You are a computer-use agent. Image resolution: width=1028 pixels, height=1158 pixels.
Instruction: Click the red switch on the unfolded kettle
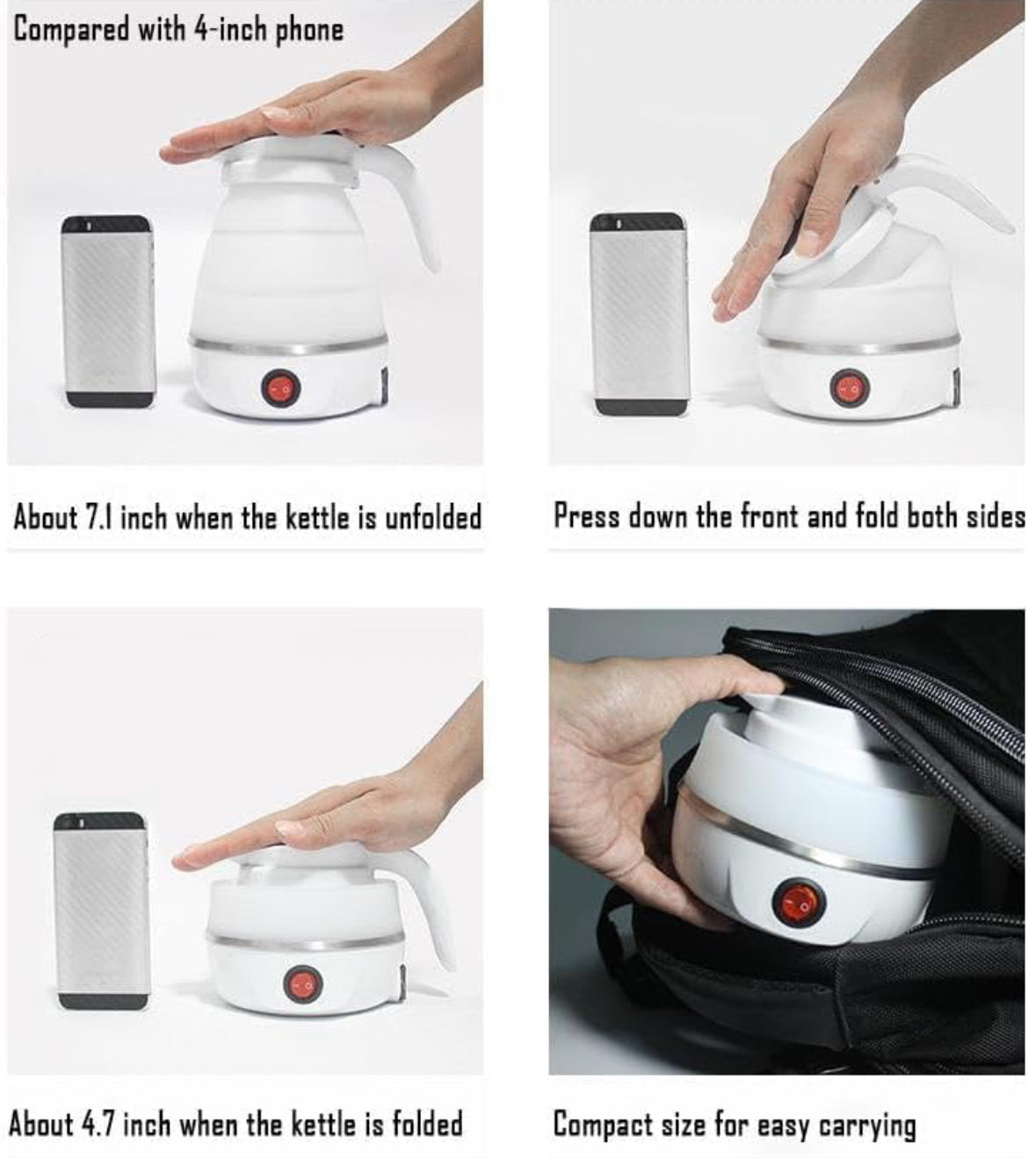click(x=281, y=388)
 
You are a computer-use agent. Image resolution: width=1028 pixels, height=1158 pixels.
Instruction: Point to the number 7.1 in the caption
click(x=98, y=517)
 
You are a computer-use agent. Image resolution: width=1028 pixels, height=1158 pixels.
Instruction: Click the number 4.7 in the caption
click(x=99, y=1123)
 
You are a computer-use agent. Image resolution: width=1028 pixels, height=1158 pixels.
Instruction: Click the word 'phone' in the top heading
click(x=309, y=30)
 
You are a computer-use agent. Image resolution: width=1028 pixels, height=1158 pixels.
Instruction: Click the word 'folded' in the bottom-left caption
click(x=427, y=1123)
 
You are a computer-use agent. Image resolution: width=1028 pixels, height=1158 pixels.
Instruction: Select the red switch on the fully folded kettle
click(x=302, y=984)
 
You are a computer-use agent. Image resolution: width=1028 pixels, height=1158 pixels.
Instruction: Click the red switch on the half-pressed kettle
click(x=850, y=386)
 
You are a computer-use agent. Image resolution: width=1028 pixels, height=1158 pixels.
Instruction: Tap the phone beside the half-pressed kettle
click(x=640, y=313)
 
